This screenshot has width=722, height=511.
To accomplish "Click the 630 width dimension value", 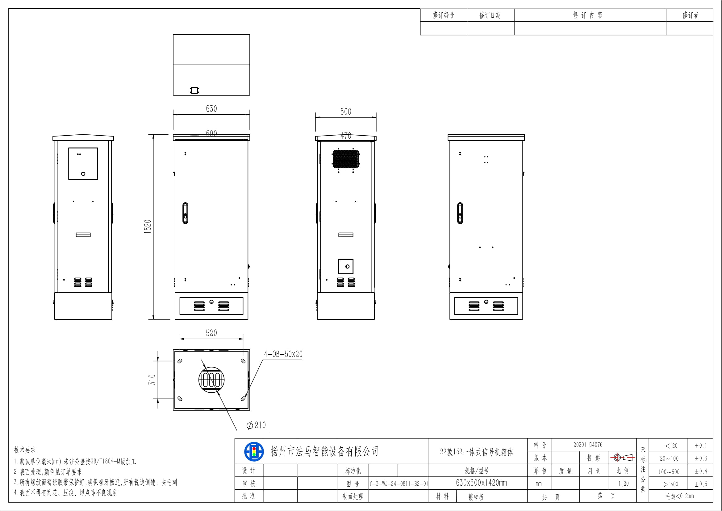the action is (x=211, y=109).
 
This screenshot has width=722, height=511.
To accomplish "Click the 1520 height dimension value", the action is (x=148, y=226).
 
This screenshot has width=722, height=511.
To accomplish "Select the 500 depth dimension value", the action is (x=346, y=112).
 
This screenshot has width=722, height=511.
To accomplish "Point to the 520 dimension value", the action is (x=211, y=333).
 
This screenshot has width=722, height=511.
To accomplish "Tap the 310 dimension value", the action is (x=152, y=380).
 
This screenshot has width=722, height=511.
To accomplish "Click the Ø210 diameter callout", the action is (x=256, y=425).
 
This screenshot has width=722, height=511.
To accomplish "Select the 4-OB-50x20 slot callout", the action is (x=283, y=354).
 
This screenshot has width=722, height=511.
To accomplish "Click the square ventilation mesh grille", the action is (x=346, y=159).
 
